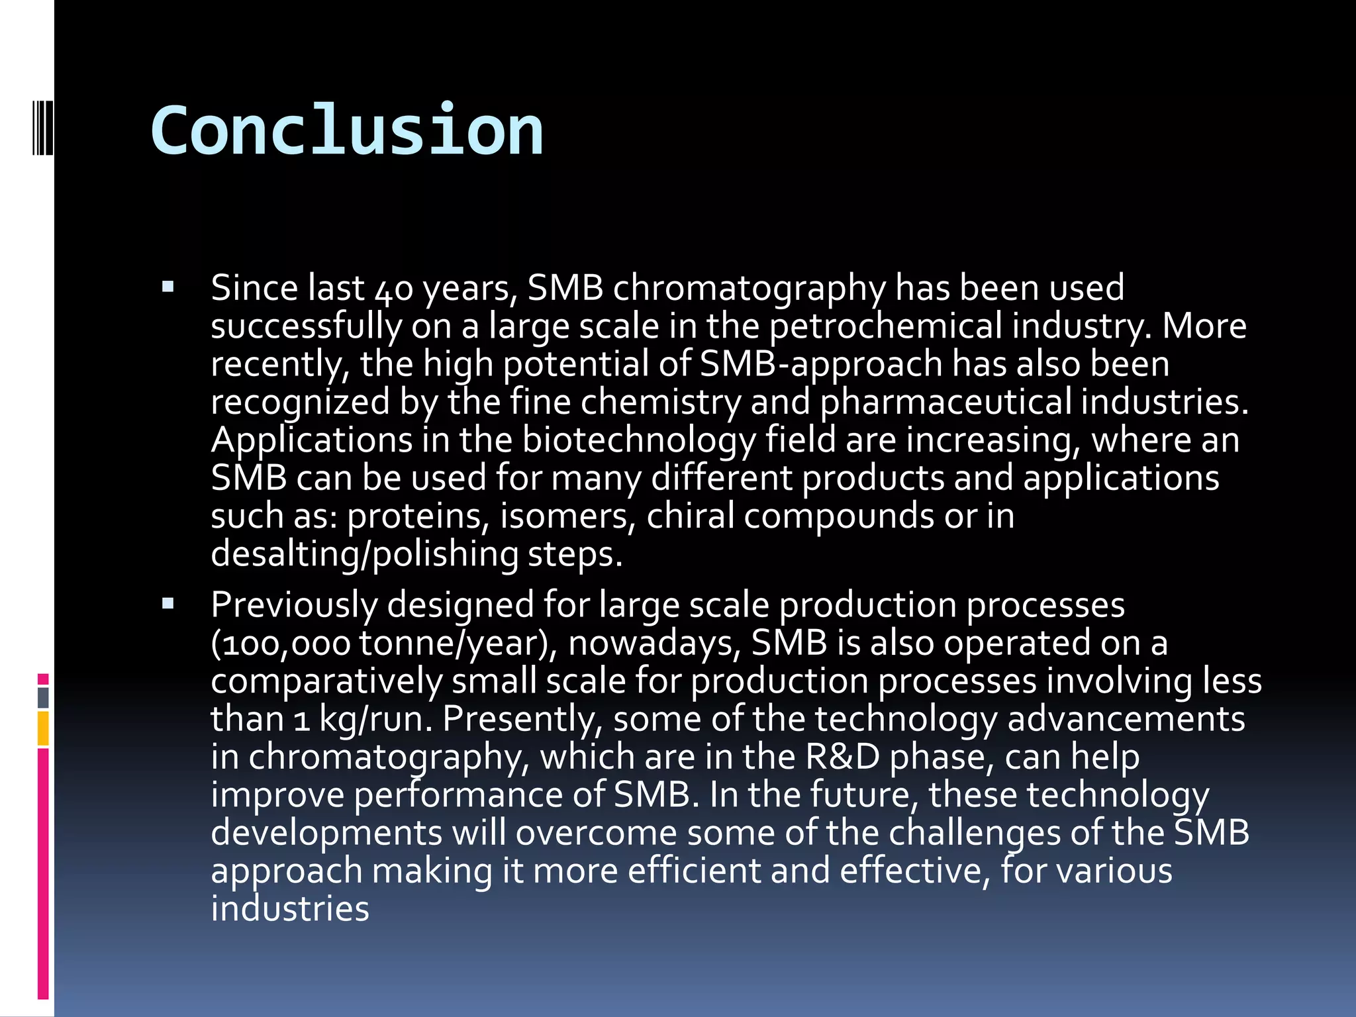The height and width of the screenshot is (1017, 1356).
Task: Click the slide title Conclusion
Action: pos(347,130)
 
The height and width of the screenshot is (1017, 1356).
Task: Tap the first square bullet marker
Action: pos(168,287)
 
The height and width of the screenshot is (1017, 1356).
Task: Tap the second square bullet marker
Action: pos(168,604)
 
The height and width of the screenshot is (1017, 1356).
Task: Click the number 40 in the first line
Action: pos(394,290)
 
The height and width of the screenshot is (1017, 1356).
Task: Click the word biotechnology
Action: pos(638,441)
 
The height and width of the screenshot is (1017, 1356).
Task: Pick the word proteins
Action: pos(418,516)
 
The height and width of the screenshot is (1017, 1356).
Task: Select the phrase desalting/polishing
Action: pos(364,555)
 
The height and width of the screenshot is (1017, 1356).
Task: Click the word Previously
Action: pos(294,606)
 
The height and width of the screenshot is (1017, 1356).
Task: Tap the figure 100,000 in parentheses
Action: pos(286,644)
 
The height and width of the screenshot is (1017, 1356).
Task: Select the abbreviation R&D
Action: pos(842,757)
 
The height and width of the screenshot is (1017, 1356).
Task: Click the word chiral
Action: pos(690,516)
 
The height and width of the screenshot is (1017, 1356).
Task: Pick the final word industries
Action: pos(290,909)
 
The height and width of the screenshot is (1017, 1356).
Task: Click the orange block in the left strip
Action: pos(43,728)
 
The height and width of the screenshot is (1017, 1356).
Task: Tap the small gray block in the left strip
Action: pos(43,697)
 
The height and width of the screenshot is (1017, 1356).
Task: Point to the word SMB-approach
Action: pos(821,365)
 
